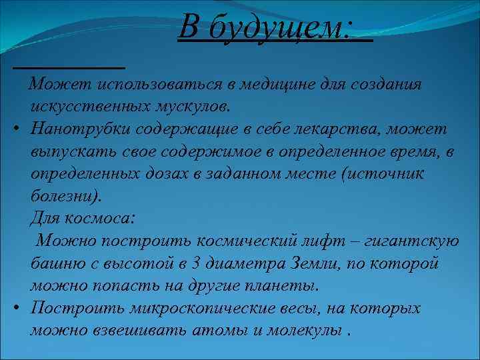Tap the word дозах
[x=163, y=174]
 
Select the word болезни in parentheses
[x=64, y=197]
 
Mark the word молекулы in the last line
[x=310, y=331]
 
